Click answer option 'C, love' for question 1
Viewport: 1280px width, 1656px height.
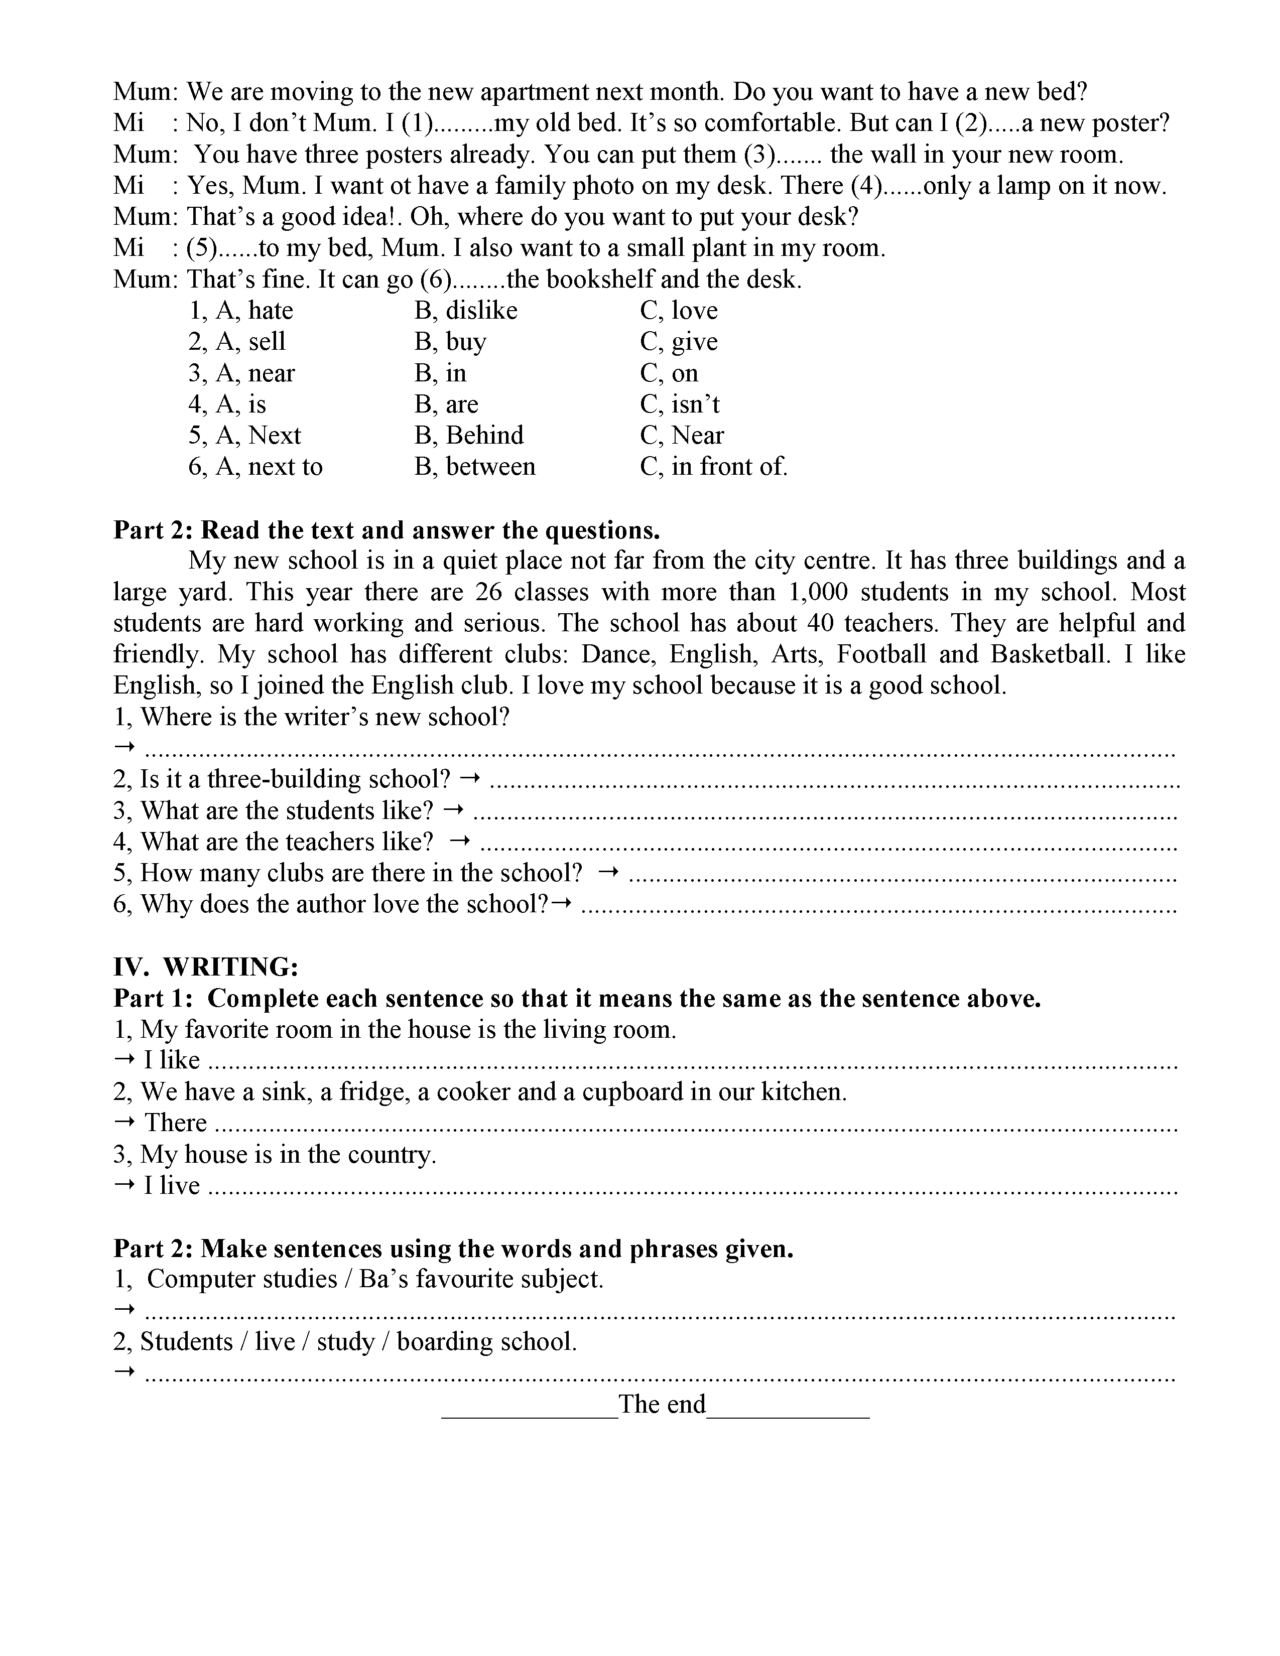tap(678, 311)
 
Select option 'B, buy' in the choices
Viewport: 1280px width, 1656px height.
tap(450, 342)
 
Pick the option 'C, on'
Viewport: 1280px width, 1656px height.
tap(669, 373)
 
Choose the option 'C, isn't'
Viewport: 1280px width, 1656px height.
tap(680, 404)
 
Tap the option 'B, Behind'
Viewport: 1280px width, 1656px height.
tap(469, 435)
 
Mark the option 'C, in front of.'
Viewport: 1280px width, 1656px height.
tap(714, 466)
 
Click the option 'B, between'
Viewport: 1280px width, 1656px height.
tap(475, 466)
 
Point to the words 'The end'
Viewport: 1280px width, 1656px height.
tap(661, 1404)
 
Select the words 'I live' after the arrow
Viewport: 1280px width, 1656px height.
tap(171, 1186)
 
